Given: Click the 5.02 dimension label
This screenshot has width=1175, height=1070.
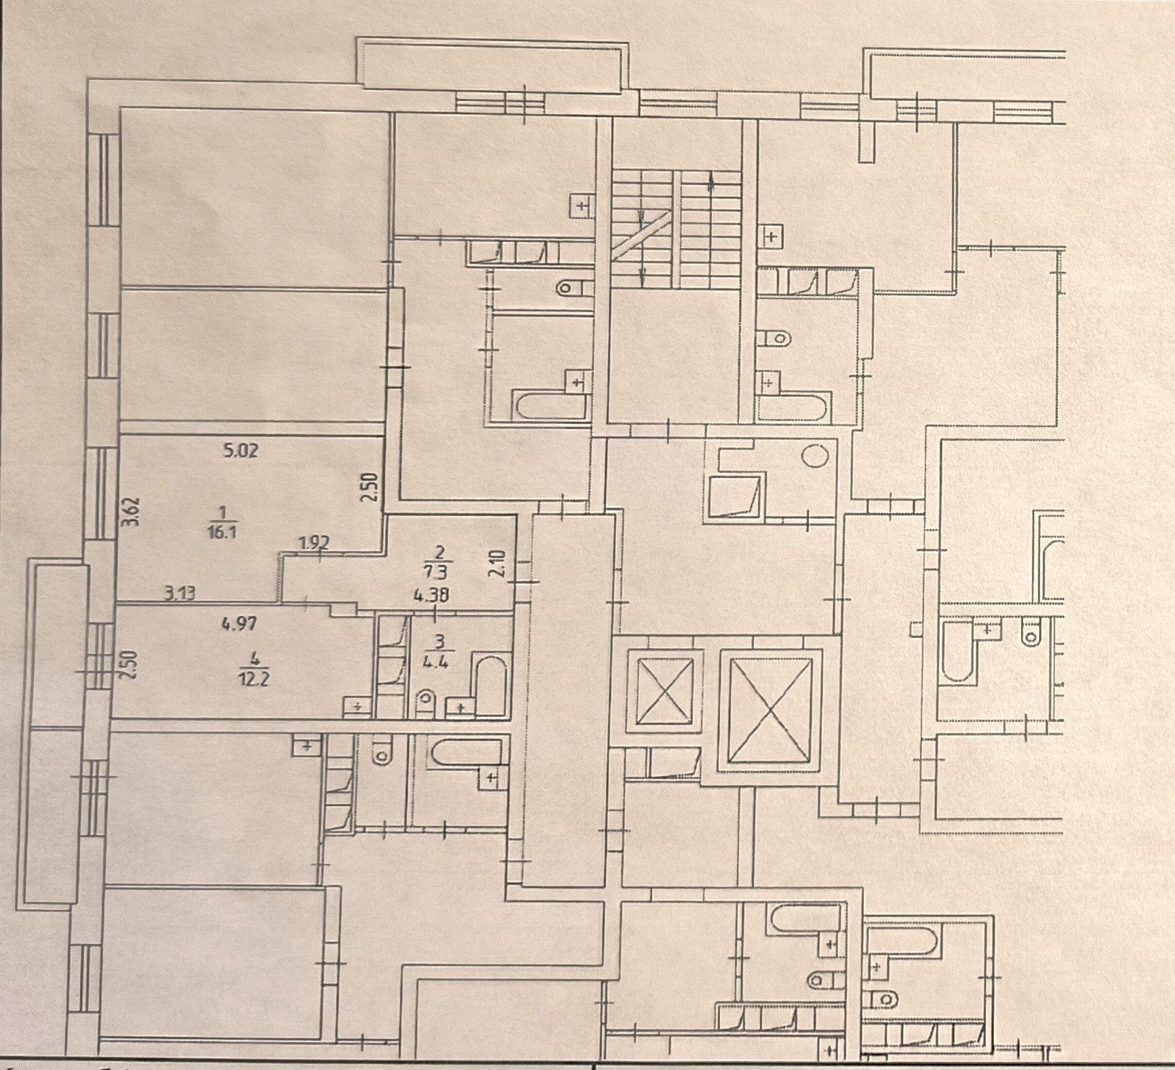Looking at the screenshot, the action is point(241,450).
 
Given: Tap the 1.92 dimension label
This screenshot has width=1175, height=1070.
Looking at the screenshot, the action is point(314,542).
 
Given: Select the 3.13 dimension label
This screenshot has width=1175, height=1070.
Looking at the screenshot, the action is point(181,595).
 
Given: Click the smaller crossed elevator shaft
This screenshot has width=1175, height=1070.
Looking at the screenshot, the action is point(660,692).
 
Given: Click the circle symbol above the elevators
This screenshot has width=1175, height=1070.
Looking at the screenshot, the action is point(815,454).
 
